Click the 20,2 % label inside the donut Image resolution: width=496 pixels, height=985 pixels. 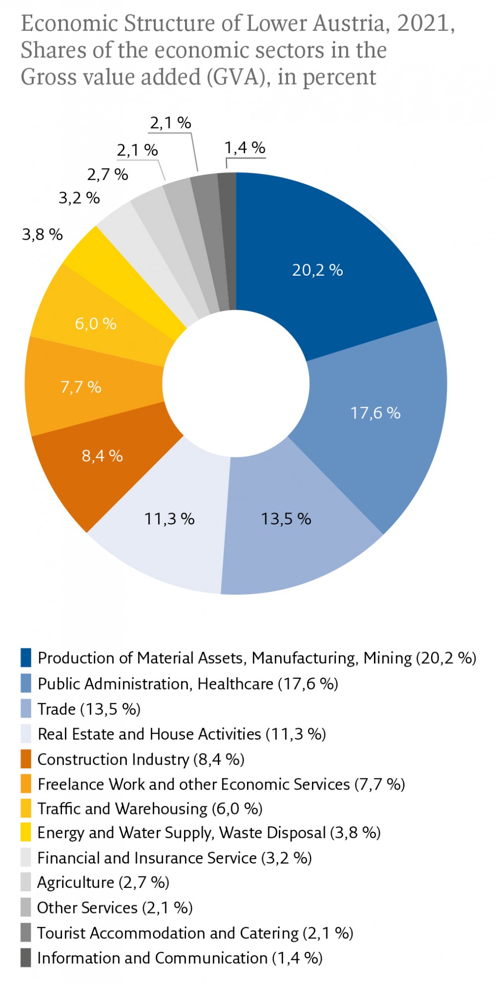point(317,270)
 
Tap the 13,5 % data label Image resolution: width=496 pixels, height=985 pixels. point(286,519)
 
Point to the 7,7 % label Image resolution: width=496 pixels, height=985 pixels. point(81,387)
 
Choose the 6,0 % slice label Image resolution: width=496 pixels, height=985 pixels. point(96,324)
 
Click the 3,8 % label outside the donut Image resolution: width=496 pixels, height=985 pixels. point(42,234)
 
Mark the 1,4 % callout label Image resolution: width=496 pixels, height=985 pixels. point(245,147)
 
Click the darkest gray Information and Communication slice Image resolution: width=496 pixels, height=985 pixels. point(228,238)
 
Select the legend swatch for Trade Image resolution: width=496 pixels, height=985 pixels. point(26,709)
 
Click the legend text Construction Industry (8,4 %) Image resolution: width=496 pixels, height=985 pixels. point(141,759)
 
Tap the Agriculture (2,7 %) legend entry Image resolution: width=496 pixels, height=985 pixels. point(103,882)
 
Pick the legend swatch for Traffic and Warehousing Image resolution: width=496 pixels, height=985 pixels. point(26,809)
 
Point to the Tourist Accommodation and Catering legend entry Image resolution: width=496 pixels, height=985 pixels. point(195,933)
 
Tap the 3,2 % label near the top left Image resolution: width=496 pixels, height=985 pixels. point(79,198)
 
